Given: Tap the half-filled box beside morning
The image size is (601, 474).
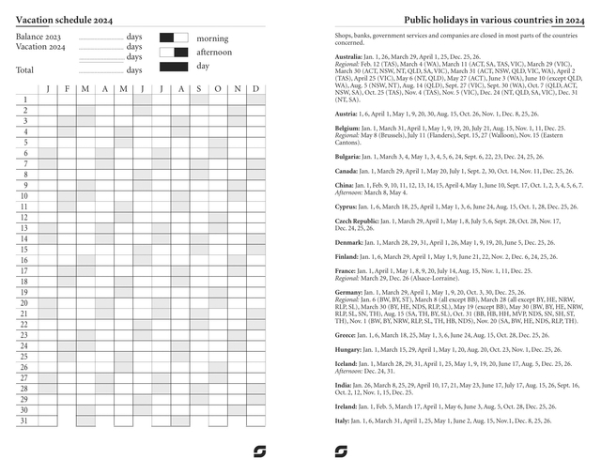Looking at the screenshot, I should pos(173,38).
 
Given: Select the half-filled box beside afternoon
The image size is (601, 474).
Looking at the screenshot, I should pos(173,53).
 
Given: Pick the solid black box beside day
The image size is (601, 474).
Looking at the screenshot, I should pos(173,67).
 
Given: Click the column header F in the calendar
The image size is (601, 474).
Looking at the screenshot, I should pos(66,89).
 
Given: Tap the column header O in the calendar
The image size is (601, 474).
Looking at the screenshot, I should pos(218,89).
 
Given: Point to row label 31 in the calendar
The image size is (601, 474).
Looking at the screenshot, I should pos(24,420).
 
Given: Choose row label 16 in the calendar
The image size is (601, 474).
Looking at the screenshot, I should pos(24,260).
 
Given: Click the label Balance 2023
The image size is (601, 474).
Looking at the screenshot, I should pos(39,37).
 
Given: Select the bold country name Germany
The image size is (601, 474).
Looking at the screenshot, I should pos(350,292).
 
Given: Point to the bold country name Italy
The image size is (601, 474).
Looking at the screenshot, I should pos(343,420).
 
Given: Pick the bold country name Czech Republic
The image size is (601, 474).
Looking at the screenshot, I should pos(357,221).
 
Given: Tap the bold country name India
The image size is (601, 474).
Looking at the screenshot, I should pos(345,385).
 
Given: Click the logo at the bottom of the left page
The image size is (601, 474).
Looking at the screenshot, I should pos(259,451).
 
